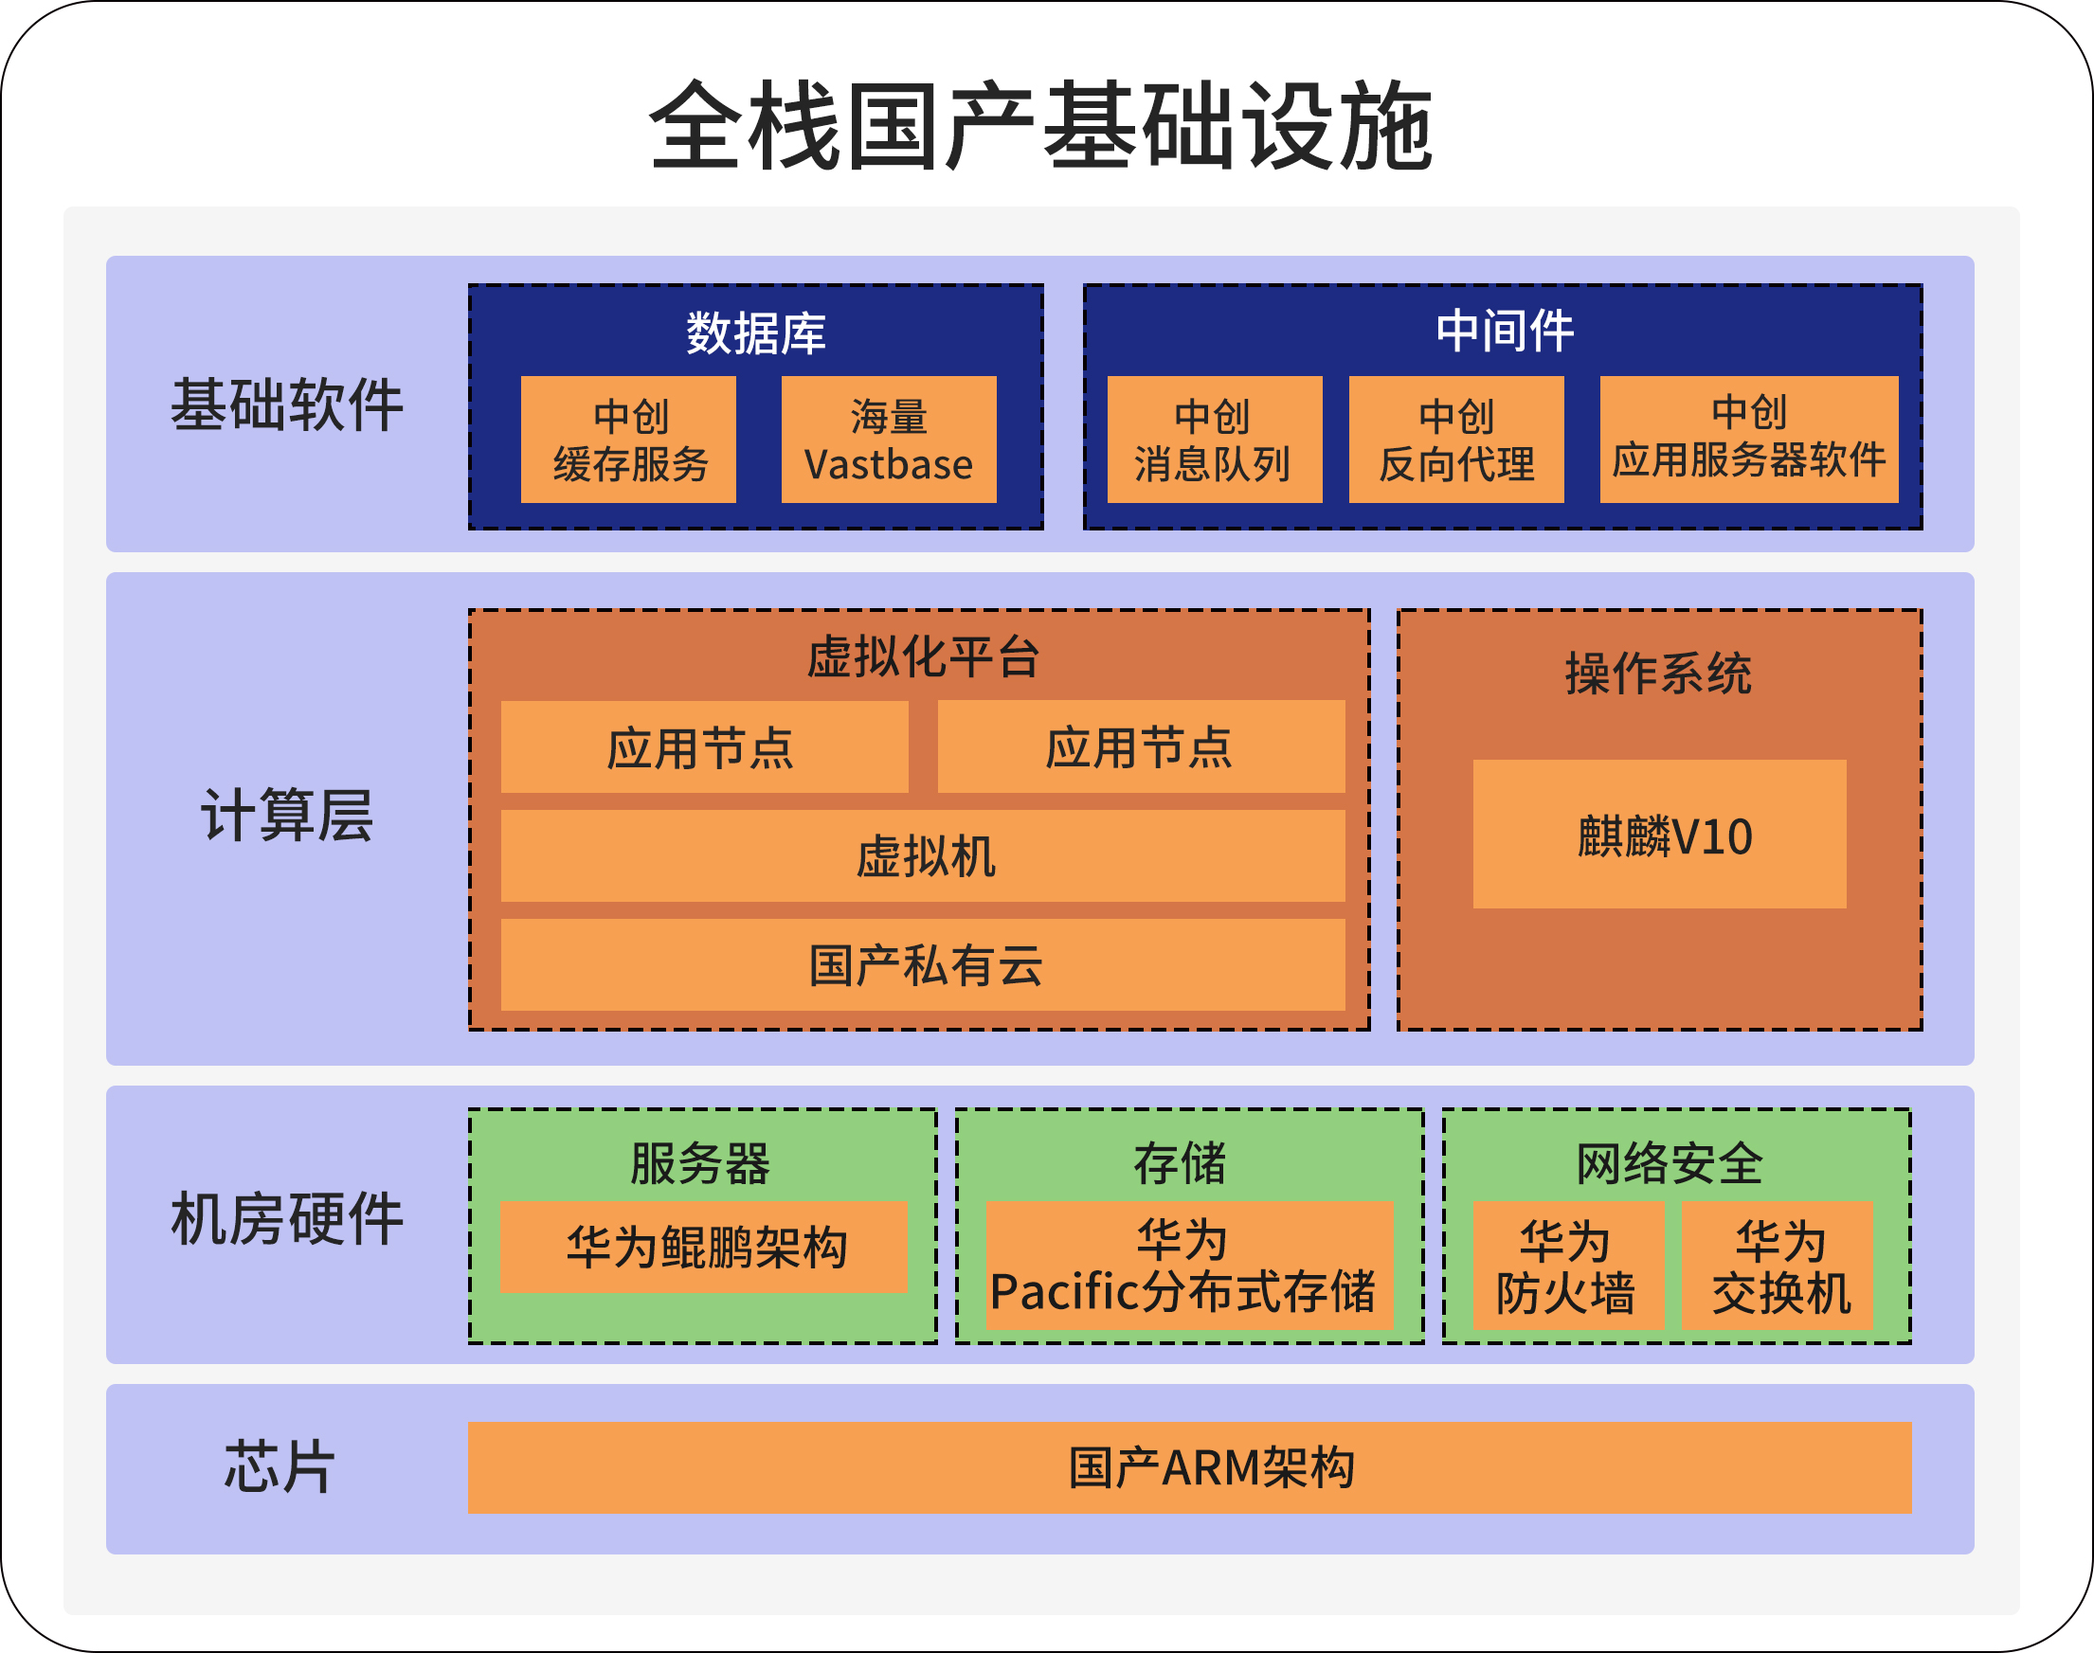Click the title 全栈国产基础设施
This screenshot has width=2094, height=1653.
(1040, 126)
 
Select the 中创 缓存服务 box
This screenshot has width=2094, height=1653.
(628, 440)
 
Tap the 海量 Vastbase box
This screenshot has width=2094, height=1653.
(889, 440)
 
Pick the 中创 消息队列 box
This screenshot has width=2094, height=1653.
(1214, 440)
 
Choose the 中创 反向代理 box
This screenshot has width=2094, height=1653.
(1456, 440)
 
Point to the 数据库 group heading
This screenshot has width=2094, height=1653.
(755, 332)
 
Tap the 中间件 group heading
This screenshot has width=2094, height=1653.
(1505, 331)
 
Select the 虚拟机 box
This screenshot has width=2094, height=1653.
(923, 856)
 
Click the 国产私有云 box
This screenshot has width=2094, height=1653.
(923, 965)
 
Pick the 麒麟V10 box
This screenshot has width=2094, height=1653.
(1659, 835)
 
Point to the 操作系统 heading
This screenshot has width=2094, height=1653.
(1658, 674)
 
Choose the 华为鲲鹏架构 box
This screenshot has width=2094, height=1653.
(704, 1247)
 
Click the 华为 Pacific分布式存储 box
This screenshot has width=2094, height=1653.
(1189, 1265)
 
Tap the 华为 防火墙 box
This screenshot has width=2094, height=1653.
(1567, 1265)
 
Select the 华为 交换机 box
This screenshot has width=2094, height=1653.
(1778, 1265)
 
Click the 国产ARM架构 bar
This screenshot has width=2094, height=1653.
(1189, 1467)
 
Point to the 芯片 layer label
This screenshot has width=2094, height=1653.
(280, 1467)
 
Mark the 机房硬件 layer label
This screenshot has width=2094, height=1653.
(286, 1218)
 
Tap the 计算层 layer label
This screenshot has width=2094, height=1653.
(286, 815)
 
